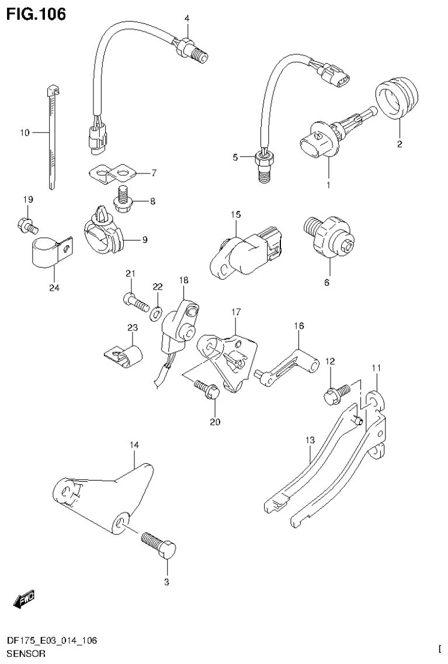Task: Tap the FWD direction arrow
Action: [24, 599]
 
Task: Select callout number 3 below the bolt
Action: [166, 582]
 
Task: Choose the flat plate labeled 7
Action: [114, 172]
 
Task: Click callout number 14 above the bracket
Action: [134, 445]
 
